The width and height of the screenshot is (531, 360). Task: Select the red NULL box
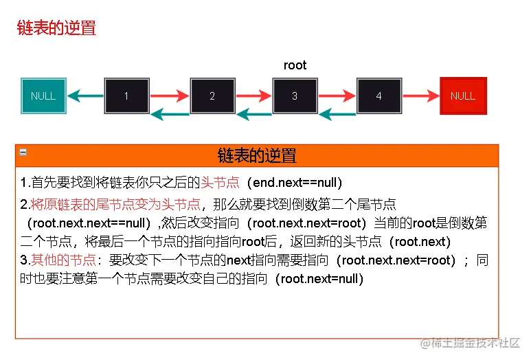[x=462, y=95]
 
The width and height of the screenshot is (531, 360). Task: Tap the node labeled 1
[x=126, y=95]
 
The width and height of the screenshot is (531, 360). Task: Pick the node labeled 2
[x=212, y=95]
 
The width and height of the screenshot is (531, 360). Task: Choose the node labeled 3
[x=295, y=95]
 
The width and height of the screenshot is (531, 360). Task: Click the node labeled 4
[x=379, y=95]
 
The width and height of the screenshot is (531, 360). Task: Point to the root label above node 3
[x=295, y=65]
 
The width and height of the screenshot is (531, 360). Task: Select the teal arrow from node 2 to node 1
[x=169, y=113]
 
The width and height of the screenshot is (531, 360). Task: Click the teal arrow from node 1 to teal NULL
[x=85, y=95]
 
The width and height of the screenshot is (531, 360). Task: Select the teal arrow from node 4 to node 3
[x=337, y=113]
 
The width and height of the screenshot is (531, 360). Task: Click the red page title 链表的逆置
[x=56, y=28]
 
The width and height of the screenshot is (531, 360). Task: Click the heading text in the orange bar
[x=256, y=155]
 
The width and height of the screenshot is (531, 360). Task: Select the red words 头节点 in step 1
[x=220, y=183]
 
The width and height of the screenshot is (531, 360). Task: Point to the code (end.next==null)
[x=297, y=183]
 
